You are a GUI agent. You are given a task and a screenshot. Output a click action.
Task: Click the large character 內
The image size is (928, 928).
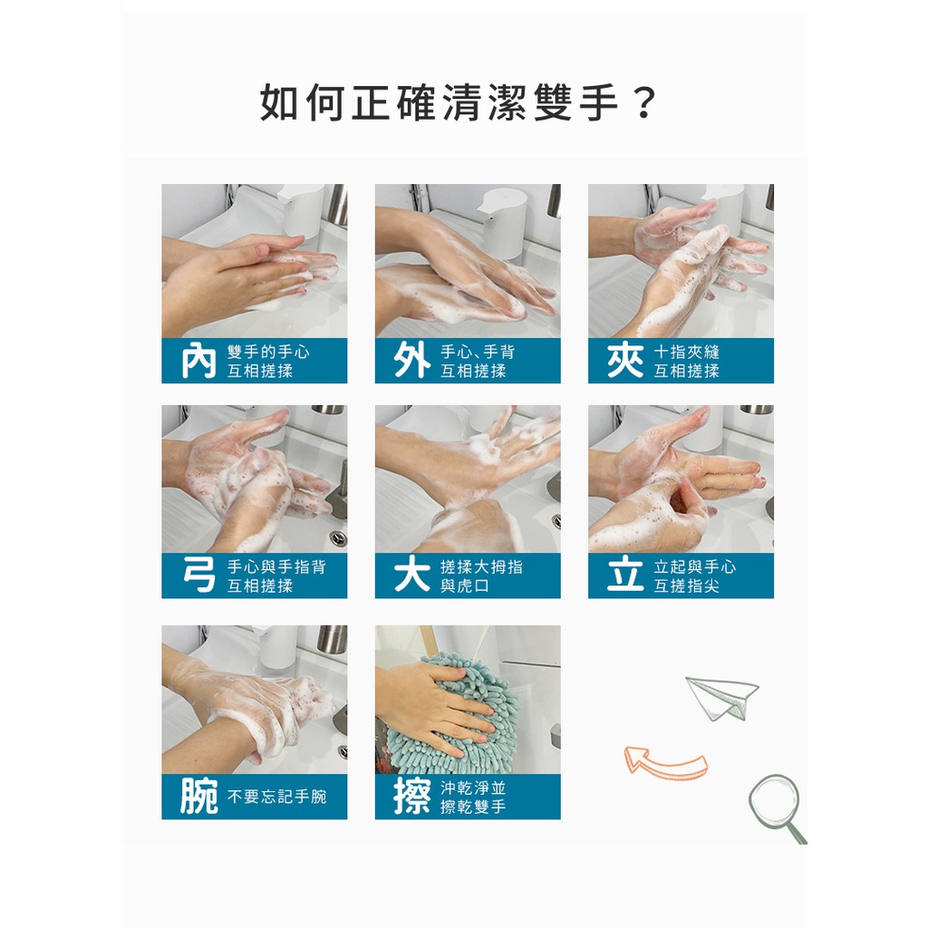point(198,361)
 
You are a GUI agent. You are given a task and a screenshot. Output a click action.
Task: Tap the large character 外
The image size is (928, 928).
point(412,361)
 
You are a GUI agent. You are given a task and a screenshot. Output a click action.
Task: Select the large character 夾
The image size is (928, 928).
point(625,361)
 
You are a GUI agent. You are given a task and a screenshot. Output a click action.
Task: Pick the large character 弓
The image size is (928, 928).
point(198,575)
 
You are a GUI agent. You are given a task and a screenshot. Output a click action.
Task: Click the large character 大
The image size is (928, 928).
point(412,575)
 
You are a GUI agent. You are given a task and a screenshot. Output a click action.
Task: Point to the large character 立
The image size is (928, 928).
point(625,575)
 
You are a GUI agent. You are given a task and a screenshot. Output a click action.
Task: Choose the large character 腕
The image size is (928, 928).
point(198,796)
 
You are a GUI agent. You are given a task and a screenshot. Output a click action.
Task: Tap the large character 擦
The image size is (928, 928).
point(412,796)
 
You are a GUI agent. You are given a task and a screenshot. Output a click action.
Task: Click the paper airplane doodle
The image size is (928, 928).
point(721,697)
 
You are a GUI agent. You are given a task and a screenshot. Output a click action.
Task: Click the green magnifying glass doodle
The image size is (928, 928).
point(777,807)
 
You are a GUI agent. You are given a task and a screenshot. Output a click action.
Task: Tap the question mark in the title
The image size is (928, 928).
point(644,103)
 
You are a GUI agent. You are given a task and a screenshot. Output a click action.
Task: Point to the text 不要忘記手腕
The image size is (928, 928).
point(277,797)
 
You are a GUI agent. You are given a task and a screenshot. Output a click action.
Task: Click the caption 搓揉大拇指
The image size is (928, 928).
point(482,567)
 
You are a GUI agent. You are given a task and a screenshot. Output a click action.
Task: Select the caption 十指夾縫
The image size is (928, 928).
point(687,353)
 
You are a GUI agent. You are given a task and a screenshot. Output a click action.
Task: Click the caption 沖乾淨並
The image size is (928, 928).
point(473,788)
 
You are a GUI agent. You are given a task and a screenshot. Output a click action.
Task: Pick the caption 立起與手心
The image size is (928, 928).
point(695,567)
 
